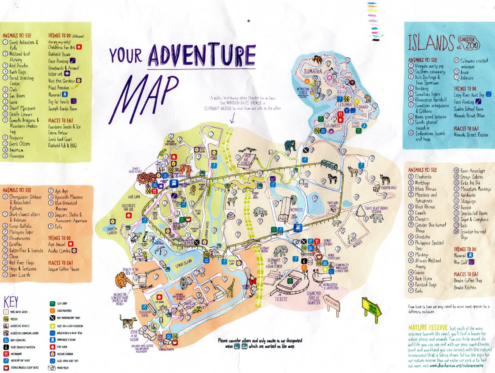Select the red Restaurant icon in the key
click(6, 354)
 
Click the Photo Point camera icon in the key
click(52, 368)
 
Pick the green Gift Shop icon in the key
click(52, 304)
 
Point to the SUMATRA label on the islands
click(313, 71)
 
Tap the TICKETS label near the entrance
click(281, 299)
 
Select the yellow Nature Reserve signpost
click(372, 307)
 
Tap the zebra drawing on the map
click(332, 179)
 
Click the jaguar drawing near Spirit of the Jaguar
click(128, 321)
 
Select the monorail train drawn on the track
click(329, 165)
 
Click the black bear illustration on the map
click(290, 145)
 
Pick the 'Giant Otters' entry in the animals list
click(19, 144)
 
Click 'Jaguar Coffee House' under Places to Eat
click(63, 269)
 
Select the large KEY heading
click(11, 302)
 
